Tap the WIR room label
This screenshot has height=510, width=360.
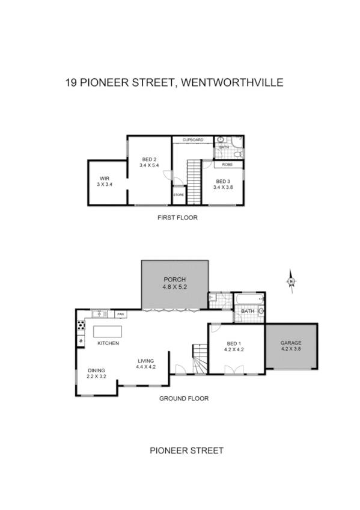click(x=105, y=178)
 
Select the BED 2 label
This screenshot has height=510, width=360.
click(x=148, y=159)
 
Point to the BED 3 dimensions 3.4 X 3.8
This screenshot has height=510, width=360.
click(x=222, y=187)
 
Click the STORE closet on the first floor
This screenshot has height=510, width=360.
click(x=178, y=195)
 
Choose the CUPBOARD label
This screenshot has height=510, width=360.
click(x=193, y=140)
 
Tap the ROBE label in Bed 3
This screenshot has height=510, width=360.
click(x=227, y=164)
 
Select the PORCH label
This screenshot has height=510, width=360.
click(x=175, y=280)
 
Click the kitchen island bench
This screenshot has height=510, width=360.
click(x=107, y=332)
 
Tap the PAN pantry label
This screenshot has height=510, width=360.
click(x=121, y=314)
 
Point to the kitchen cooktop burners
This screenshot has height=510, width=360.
click(x=81, y=326)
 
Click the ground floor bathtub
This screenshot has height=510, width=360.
click(x=248, y=298)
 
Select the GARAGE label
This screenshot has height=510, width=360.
click(x=291, y=343)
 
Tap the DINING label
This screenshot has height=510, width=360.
click(x=96, y=370)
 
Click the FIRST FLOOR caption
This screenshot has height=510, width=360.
click(x=177, y=218)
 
